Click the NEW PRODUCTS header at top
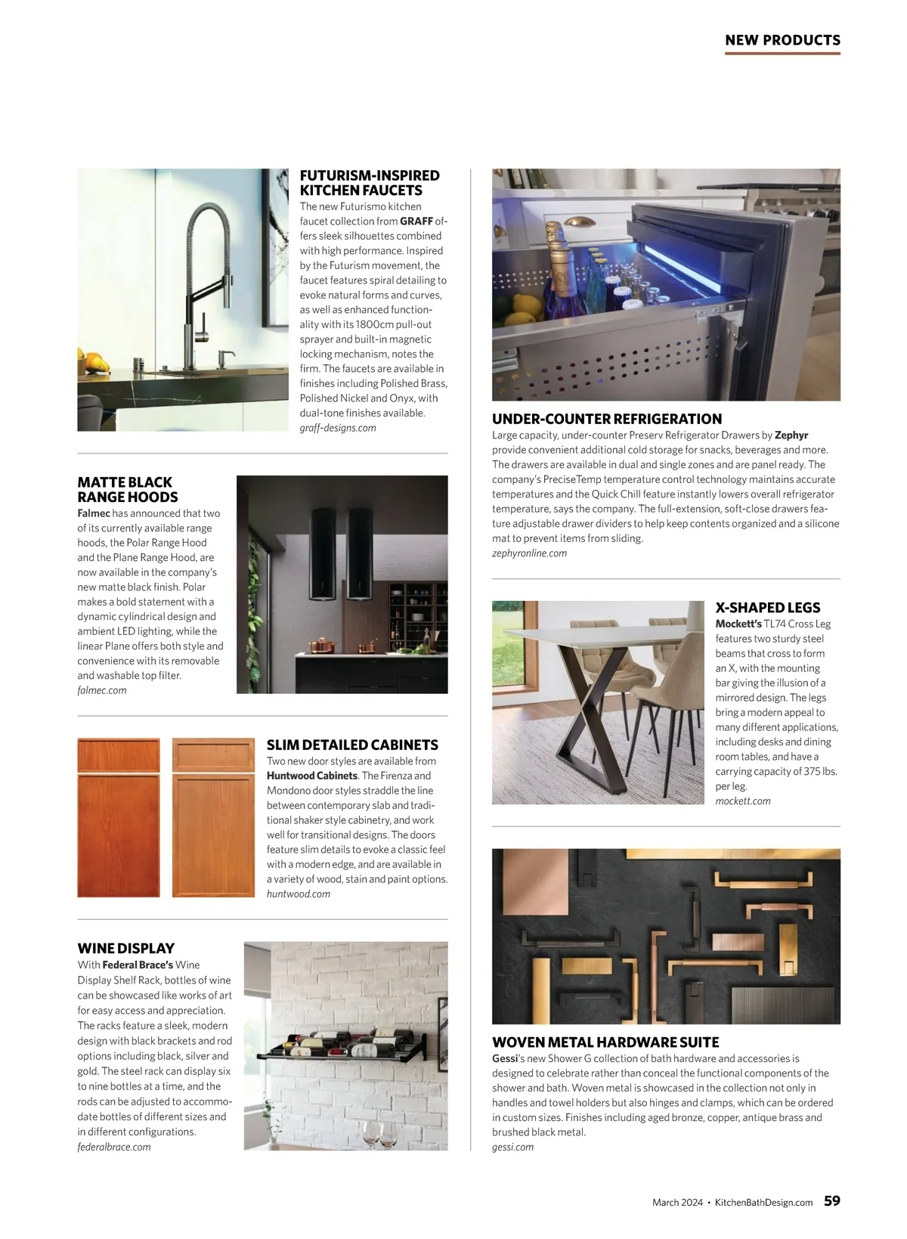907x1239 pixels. (x=782, y=40)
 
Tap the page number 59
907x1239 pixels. (x=831, y=1201)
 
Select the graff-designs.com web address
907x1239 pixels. (x=337, y=428)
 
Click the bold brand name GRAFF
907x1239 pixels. (x=416, y=221)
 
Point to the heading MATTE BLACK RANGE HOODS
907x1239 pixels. (x=127, y=490)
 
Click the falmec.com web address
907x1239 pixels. (x=102, y=690)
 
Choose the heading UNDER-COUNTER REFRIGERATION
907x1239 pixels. (x=607, y=419)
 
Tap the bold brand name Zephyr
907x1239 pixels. (x=791, y=435)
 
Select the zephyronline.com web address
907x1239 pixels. (x=529, y=553)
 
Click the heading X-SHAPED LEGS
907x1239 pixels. (x=767, y=608)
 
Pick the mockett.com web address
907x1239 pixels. (x=743, y=801)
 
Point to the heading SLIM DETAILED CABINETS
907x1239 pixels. (x=352, y=745)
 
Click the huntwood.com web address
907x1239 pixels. (x=299, y=894)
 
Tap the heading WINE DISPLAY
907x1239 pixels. (x=125, y=949)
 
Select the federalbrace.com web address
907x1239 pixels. (x=114, y=1147)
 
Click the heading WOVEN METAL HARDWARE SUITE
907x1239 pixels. (x=605, y=1042)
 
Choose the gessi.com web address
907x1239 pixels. (x=512, y=1147)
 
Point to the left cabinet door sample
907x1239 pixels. (x=119, y=818)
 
